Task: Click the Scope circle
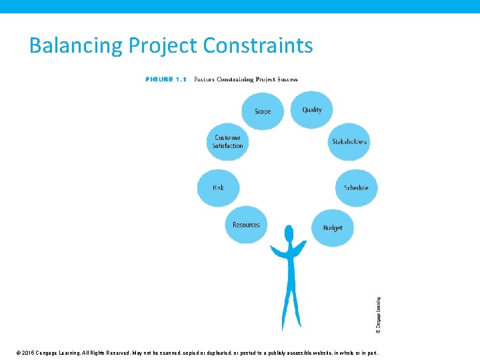click(x=263, y=111)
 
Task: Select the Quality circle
click(x=311, y=109)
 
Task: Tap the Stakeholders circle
click(x=349, y=141)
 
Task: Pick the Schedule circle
click(x=355, y=187)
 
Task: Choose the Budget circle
click(x=332, y=227)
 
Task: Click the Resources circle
click(x=246, y=225)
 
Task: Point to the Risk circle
click(x=218, y=187)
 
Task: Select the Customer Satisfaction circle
click(x=227, y=141)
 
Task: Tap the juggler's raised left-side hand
click(x=272, y=249)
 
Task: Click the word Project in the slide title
click(x=163, y=46)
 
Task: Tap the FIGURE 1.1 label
click(x=165, y=79)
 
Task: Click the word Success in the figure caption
click(x=285, y=79)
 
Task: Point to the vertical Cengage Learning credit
click(x=379, y=315)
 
